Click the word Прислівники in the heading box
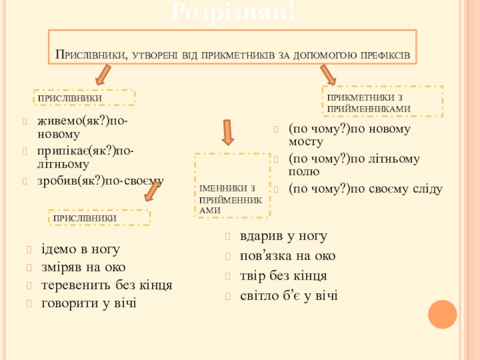[91, 55]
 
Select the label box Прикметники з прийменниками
[383, 101]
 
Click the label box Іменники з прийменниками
[232, 186]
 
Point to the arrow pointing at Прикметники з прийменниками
[328, 74]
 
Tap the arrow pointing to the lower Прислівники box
[151, 192]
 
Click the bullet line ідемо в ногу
[80, 249]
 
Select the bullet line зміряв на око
[83, 267]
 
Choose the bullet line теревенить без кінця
[107, 286]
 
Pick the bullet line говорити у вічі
[89, 304]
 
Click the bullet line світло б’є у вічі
[289, 295]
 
